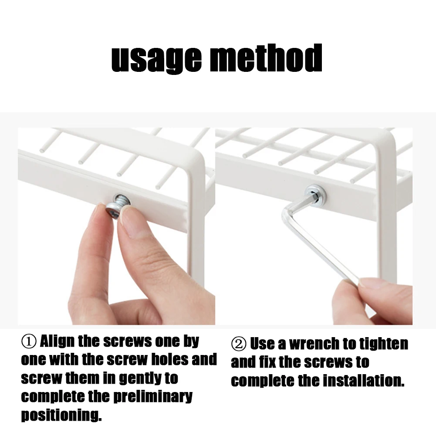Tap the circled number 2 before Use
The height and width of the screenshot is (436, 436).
(x=238, y=345)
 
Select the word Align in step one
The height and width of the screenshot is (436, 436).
(x=57, y=341)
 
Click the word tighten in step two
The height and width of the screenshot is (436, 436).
(x=384, y=344)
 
